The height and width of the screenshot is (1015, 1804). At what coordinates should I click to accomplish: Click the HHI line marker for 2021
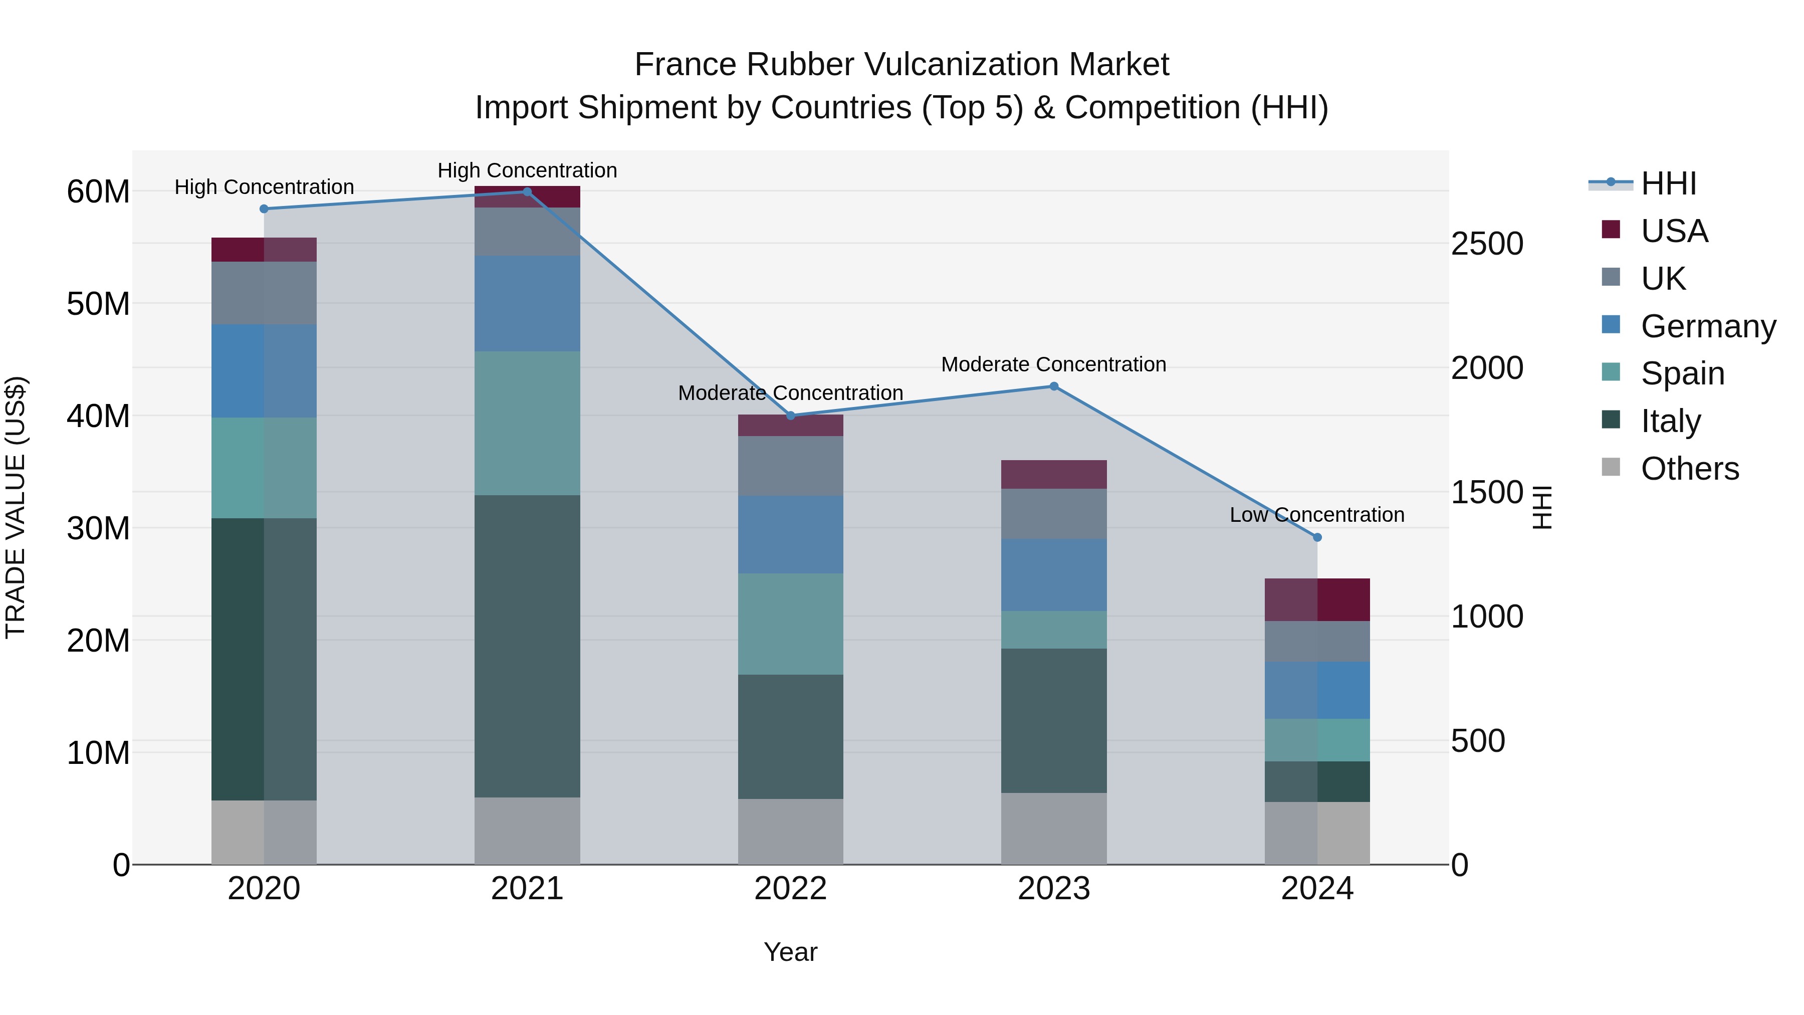coord(527,192)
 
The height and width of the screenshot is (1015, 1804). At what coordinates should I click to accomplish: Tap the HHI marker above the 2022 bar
coord(791,416)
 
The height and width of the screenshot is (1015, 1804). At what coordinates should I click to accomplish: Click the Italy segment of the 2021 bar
coord(527,646)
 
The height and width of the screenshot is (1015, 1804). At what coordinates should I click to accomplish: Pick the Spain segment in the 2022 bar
coord(791,624)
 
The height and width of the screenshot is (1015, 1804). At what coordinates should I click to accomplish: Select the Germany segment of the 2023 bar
coord(1053,574)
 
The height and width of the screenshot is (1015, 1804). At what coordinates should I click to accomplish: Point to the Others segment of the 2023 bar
coord(1053,828)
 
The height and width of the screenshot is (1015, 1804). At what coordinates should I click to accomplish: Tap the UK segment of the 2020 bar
coord(264,293)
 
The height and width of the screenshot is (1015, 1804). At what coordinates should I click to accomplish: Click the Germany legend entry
coord(1707,326)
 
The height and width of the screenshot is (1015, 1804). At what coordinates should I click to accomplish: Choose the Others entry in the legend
coord(1689,469)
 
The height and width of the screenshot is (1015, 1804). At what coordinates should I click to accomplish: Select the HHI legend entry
coord(1668,183)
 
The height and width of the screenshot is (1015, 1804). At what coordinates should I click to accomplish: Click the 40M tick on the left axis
coord(98,416)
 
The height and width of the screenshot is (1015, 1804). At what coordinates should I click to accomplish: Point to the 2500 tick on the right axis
coord(1487,244)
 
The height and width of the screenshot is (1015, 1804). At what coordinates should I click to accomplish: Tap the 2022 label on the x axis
coord(791,889)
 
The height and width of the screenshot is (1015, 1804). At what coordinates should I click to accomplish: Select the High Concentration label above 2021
coord(527,170)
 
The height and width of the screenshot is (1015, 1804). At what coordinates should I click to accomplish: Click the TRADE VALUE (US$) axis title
coord(16,507)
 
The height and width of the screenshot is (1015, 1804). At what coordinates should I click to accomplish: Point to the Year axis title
coord(791,952)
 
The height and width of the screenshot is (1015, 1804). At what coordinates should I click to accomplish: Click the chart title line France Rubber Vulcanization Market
coord(901,65)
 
